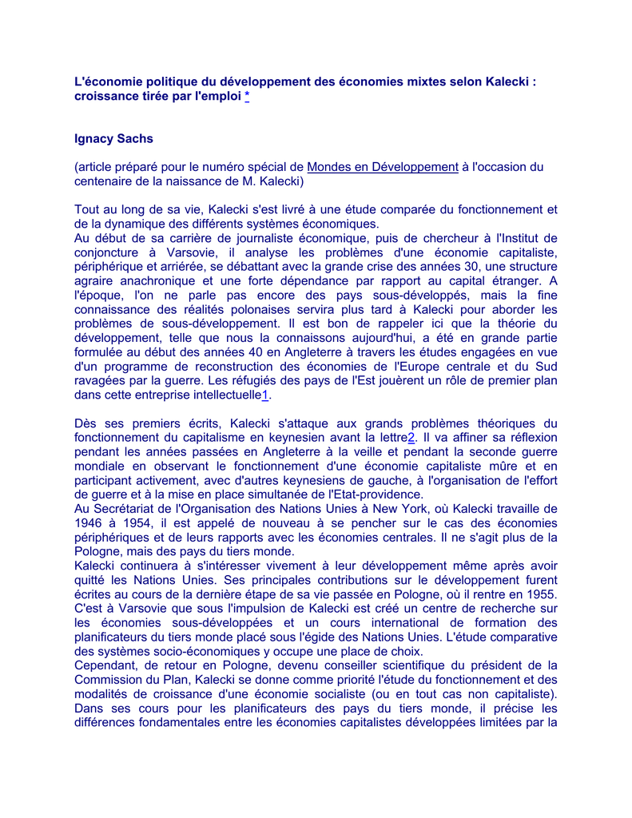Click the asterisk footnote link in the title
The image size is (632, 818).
(x=248, y=97)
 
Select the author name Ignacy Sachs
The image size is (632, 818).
(x=113, y=139)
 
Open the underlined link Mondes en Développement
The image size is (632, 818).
(x=382, y=167)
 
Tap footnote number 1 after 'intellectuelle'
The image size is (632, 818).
(x=265, y=395)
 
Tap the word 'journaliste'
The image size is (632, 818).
(x=269, y=238)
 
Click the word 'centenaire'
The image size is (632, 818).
(x=106, y=181)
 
